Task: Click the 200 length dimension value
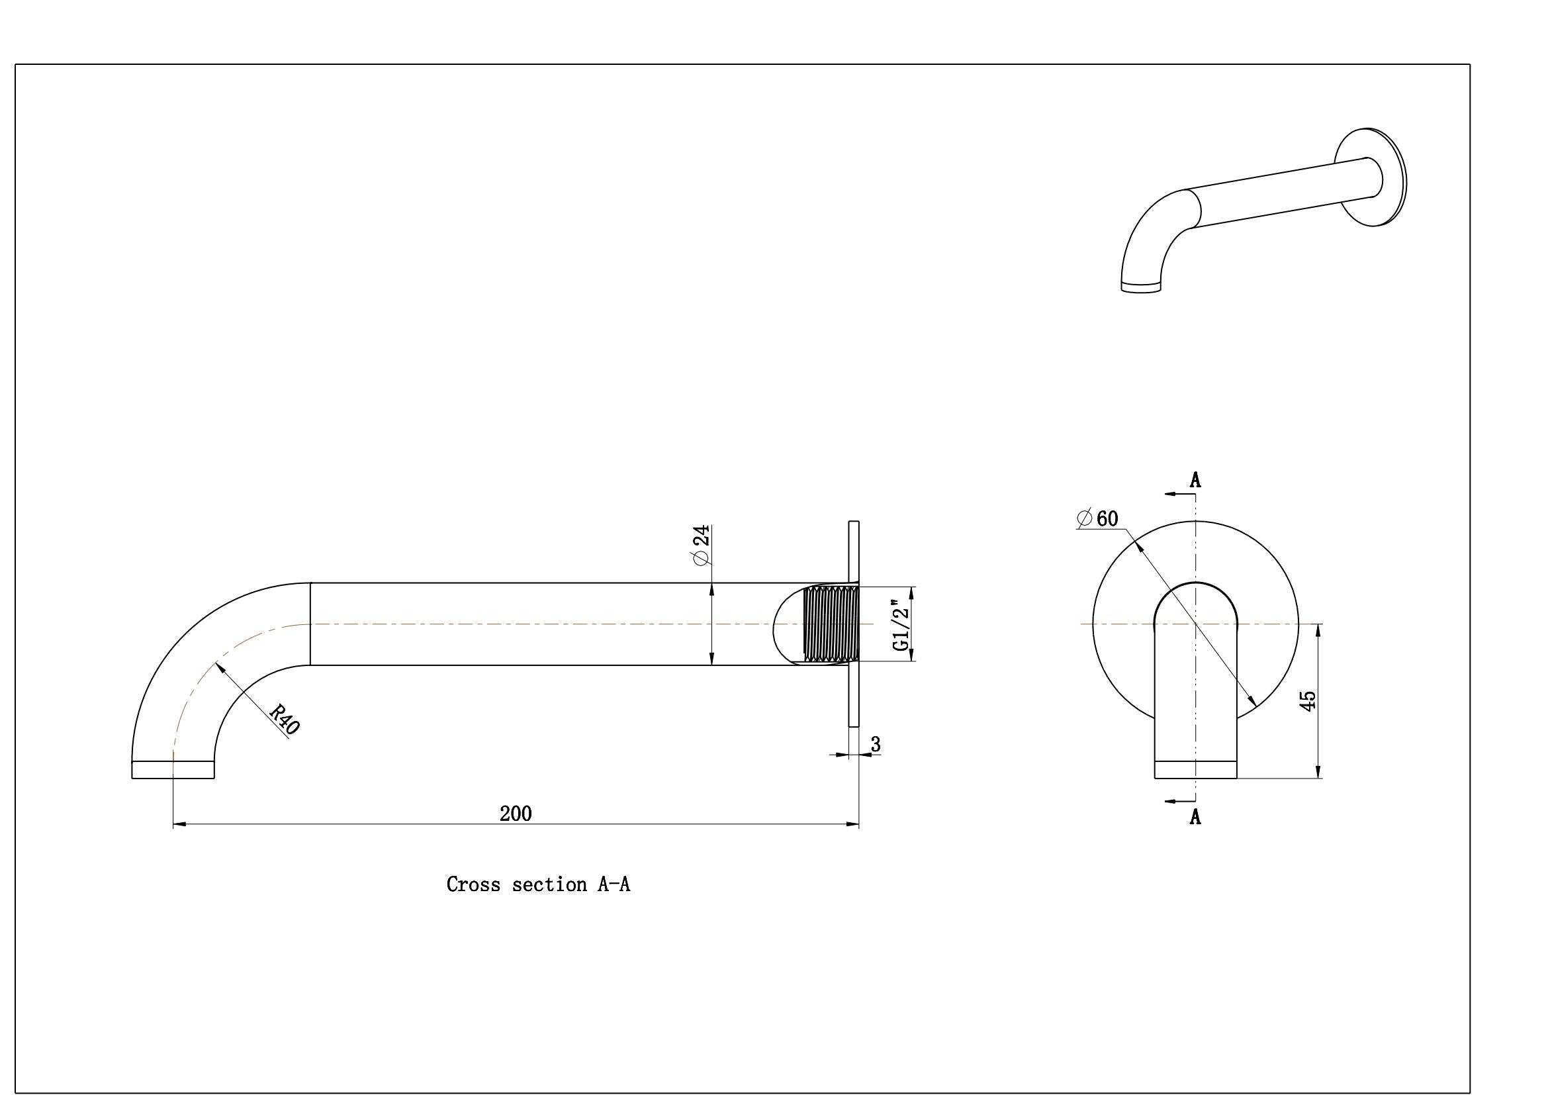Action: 516,814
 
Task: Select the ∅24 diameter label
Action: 701,545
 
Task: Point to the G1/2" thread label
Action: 901,625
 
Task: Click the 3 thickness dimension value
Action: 876,744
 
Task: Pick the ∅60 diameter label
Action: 1097,518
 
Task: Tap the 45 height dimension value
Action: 1307,700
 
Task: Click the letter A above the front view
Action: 1195,480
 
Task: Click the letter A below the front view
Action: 1195,816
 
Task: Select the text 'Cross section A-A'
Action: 538,884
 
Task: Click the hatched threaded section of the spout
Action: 831,624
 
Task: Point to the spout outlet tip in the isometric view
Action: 1141,287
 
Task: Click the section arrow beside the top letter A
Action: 1180,495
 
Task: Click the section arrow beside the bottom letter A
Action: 1180,801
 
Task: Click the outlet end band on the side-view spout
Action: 173,769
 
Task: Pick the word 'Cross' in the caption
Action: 473,884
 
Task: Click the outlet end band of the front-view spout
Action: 1195,769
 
